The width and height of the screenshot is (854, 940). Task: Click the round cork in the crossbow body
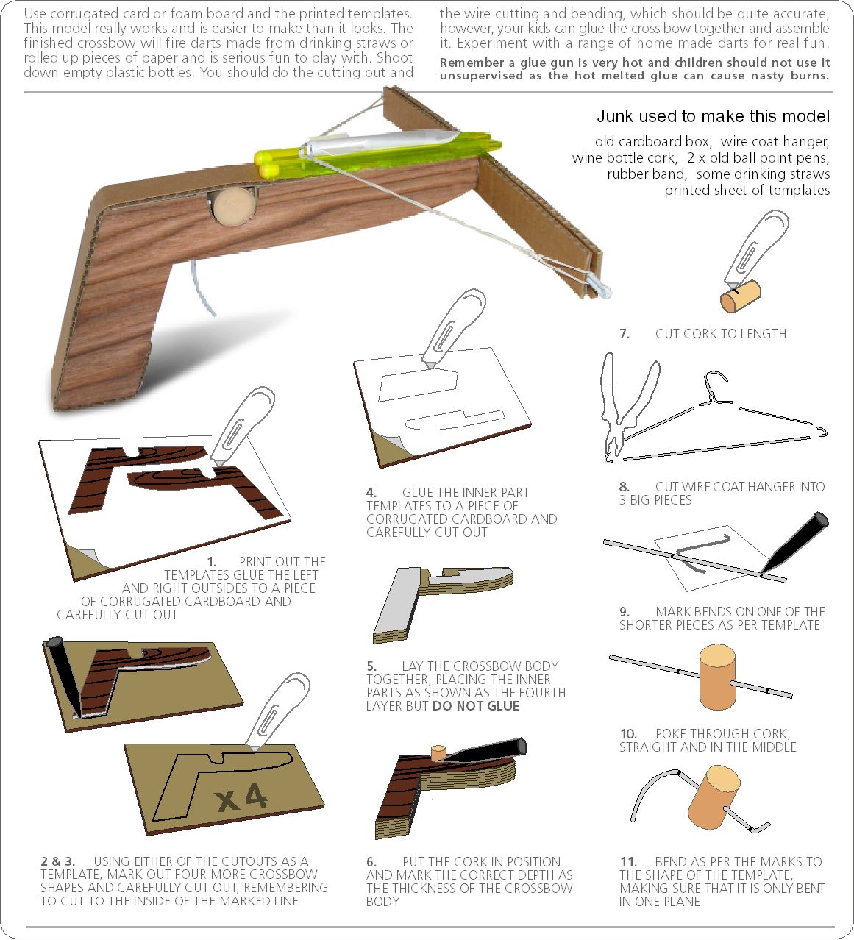(x=230, y=205)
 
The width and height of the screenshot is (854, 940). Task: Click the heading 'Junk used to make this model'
(x=713, y=116)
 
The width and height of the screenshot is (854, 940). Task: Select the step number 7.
(x=625, y=334)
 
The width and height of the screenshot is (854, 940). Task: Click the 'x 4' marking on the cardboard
(x=242, y=797)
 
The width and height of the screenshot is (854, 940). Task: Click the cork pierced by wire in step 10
(x=717, y=676)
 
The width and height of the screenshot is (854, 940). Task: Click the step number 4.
(x=371, y=493)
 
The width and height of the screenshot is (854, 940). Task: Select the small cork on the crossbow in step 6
(x=438, y=752)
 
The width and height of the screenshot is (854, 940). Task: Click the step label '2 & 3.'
(x=57, y=861)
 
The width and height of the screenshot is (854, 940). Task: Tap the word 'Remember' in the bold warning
(x=472, y=63)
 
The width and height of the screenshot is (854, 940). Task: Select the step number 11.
(x=628, y=862)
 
